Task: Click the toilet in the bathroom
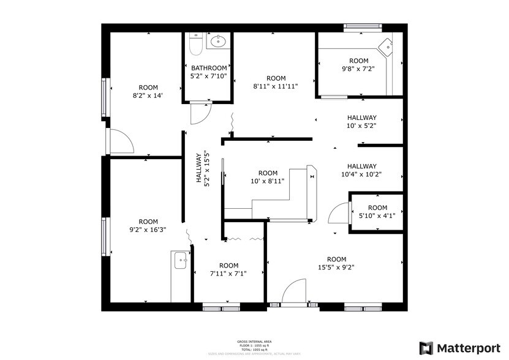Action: coord(194,45)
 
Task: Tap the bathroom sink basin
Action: coord(217,42)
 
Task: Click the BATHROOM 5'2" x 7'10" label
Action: coord(209,72)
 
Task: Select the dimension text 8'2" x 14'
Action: coord(148,96)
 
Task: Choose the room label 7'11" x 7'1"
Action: coord(228,269)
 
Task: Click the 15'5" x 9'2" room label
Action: coord(336,263)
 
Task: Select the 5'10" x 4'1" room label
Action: coord(377,211)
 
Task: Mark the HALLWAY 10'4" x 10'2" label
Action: coord(361,170)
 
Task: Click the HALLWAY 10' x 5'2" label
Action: coord(361,122)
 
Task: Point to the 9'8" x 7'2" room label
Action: coord(358,65)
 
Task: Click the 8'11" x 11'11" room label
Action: coord(276,82)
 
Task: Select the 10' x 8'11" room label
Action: coord(267,177)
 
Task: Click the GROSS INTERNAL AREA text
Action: coord(254,341)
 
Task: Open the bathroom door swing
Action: coord(200,114)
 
